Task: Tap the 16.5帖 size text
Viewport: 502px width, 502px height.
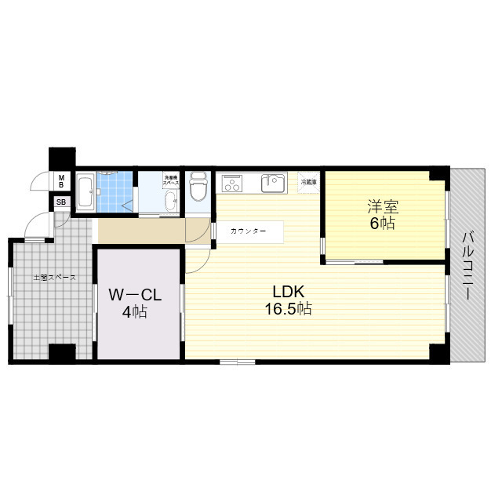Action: pos(288,309)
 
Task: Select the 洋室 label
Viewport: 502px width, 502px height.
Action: pos(384,208)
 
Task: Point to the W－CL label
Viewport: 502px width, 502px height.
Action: pos(135,295)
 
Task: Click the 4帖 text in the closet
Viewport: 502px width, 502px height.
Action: pos(135,312)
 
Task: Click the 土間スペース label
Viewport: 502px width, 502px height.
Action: pos(54,278)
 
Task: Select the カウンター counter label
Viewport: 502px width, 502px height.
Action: pos(248,232)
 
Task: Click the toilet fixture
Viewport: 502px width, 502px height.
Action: pos(198,189)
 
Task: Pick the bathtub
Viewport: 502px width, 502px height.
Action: pos(86,191)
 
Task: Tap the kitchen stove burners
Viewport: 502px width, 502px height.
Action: pos(233,184)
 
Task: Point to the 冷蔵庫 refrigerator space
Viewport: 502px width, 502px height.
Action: pos(309,182)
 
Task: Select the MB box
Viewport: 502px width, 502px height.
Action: pos(61,181)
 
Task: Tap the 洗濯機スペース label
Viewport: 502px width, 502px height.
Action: pos(170,180)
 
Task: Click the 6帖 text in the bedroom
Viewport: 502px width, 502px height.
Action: pos(384,224)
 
